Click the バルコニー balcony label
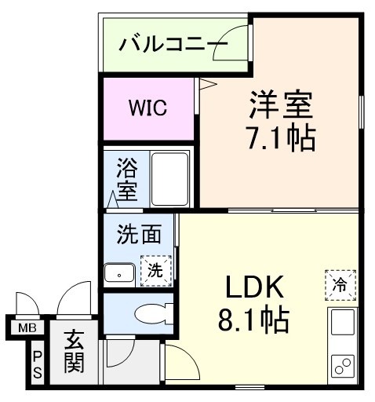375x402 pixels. pyautogui.click(x=173, y=43)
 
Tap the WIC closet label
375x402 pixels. pyautogui.click(x=148, y=108)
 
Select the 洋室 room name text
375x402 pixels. pyautogui.click(x=281, y=104)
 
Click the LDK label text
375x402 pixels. pyautogui.click(x=254, y=287)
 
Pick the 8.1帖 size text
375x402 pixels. pyautogui.click(x=253, y=320)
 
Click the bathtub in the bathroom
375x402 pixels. pyautogui.click(x=170, y=180)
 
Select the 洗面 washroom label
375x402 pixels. pyautogui.click(x=139, y=234)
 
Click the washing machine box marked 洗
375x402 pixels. pyautogui.click(x=156, y=271)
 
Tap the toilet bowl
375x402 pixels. pyautogui.click(x=154, y=313)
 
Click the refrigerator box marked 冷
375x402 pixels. pyautogui.click(x=340, y=285)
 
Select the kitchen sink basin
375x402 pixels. pyautogui.click(x=343, y=323)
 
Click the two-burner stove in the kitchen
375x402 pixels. pyautogui.click(x=343, y=366)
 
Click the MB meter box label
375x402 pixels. pyautogui.click(x=27, y=327)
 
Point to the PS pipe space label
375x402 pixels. pyautogui.click(x=38, y=364)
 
